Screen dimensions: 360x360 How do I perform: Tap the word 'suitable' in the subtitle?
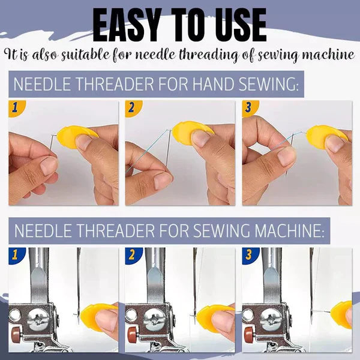pos(89,55)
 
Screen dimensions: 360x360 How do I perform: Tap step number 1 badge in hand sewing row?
pos(15,108)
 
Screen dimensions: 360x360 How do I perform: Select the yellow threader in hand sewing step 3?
pos(325,137)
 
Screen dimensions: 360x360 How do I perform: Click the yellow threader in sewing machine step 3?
pos(343,313)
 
